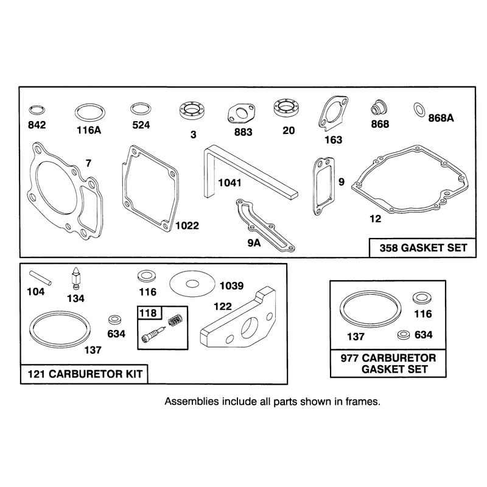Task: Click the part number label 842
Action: click(x=37, y=125)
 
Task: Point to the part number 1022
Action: click(x=187, y=225)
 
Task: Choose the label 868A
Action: click(x=441, y=118)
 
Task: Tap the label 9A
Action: click(x=254, y=243)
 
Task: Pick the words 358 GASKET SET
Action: click(x=423, y=248)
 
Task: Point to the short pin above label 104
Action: click(x=40, y=278)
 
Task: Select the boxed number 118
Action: click(x=148, y=313)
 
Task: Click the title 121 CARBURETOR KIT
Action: click(x=85, y=374)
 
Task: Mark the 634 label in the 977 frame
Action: click(x=423, y=335)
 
